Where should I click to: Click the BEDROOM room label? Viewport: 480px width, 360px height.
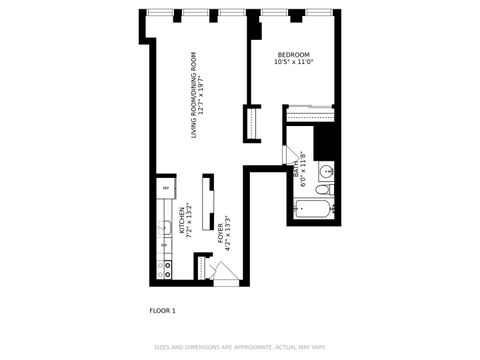[x=293, y=54]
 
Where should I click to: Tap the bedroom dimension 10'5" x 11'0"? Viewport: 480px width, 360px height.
[x=293, y=62]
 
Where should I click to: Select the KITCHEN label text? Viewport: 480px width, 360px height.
[x=181, y=220]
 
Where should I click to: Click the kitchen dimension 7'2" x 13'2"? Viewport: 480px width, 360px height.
[x=189, y=220]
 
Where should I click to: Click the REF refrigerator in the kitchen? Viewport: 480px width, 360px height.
[x=164, y=187]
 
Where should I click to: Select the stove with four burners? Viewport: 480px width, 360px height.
[x=164, y=267]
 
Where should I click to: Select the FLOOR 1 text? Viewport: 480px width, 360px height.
[x=162, y=311]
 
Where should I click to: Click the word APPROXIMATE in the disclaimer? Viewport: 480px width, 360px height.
[x=245, y=348]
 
